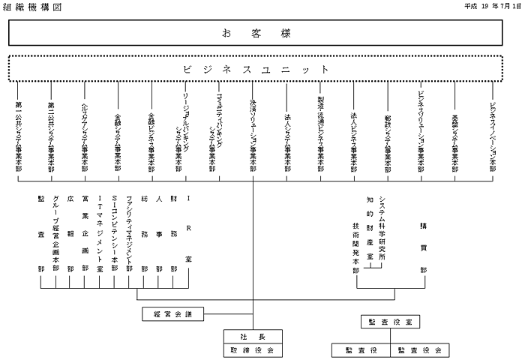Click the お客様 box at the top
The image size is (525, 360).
[x=256, y=33]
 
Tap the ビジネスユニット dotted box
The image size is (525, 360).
[x=256, y=68]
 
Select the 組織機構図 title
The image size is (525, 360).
[x=31, y=6]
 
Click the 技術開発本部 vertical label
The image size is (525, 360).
[x=355, y=247]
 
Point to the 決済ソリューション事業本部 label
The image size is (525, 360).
[x=253, y=135]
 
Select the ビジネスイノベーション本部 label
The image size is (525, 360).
[x=492, y=135]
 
